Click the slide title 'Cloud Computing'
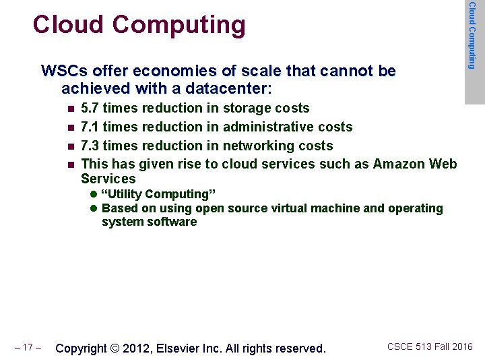[x=139, y=25]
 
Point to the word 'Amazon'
[x=400, y=164]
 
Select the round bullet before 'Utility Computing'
[x=94, y=195]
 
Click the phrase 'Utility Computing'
[x=158, y=195]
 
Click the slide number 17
[x=28, y=348]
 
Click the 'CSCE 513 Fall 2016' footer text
[x=430, y=346]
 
